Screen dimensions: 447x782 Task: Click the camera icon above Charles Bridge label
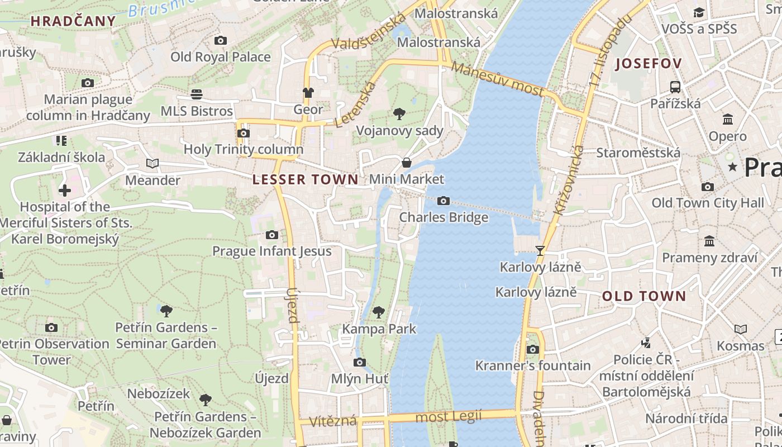point(443,201)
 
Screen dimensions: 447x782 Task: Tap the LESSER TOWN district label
point(305,179)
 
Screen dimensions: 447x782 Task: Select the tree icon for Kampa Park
point(379,312)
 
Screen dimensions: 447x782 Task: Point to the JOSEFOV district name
point(649,64)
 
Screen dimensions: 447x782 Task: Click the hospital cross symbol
point(65,191)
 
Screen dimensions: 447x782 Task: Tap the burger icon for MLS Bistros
point(196,94)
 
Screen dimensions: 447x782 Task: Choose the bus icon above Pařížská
point(675,87)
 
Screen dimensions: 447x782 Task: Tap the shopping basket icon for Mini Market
point(407,163)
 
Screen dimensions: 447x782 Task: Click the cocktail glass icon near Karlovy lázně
point(540,250)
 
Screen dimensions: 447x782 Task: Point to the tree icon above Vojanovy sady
point(399,114)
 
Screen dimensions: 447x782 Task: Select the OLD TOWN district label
point(643,297)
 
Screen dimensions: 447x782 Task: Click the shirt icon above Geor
point(308,93)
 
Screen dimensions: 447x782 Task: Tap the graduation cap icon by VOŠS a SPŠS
point(699,12)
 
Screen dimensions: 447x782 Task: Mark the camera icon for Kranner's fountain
point(533,349)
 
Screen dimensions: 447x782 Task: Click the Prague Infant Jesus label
point(271,251)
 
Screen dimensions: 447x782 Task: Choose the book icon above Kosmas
point(741,330)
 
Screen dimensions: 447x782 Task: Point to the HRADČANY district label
point(73,22)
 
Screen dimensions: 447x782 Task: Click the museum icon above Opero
point(728,119)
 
